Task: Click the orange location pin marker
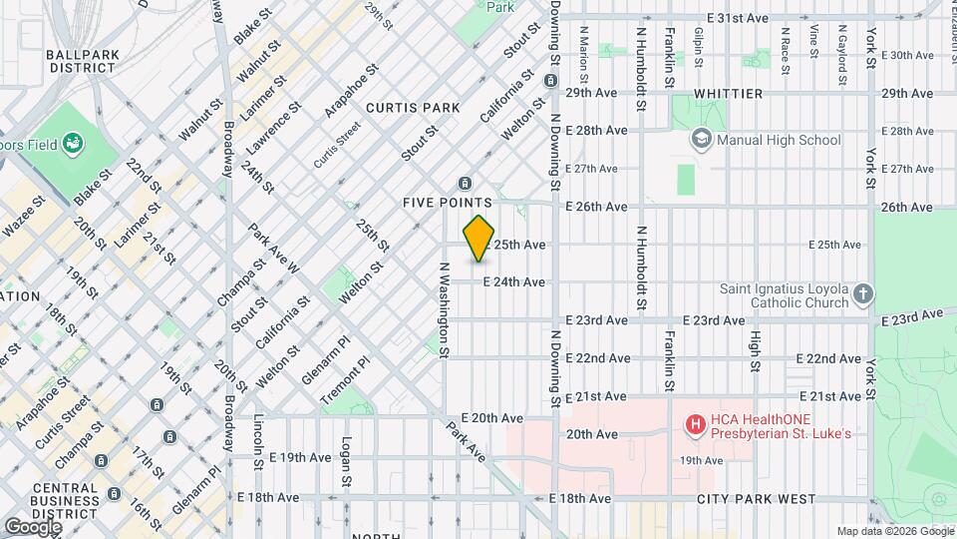point(479,238)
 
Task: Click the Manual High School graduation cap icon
point(702,140)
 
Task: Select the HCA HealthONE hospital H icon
point(695,425)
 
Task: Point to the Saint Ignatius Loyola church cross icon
point(863,294)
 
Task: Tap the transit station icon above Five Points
point(464,183)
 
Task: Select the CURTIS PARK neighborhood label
point(413,108)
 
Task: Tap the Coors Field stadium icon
point(73,144)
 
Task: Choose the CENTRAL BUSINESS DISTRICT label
point(50,498)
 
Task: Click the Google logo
point(32,526)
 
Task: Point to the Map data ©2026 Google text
point(894,531)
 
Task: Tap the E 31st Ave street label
point(738,18)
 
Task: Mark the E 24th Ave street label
point(514,282)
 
